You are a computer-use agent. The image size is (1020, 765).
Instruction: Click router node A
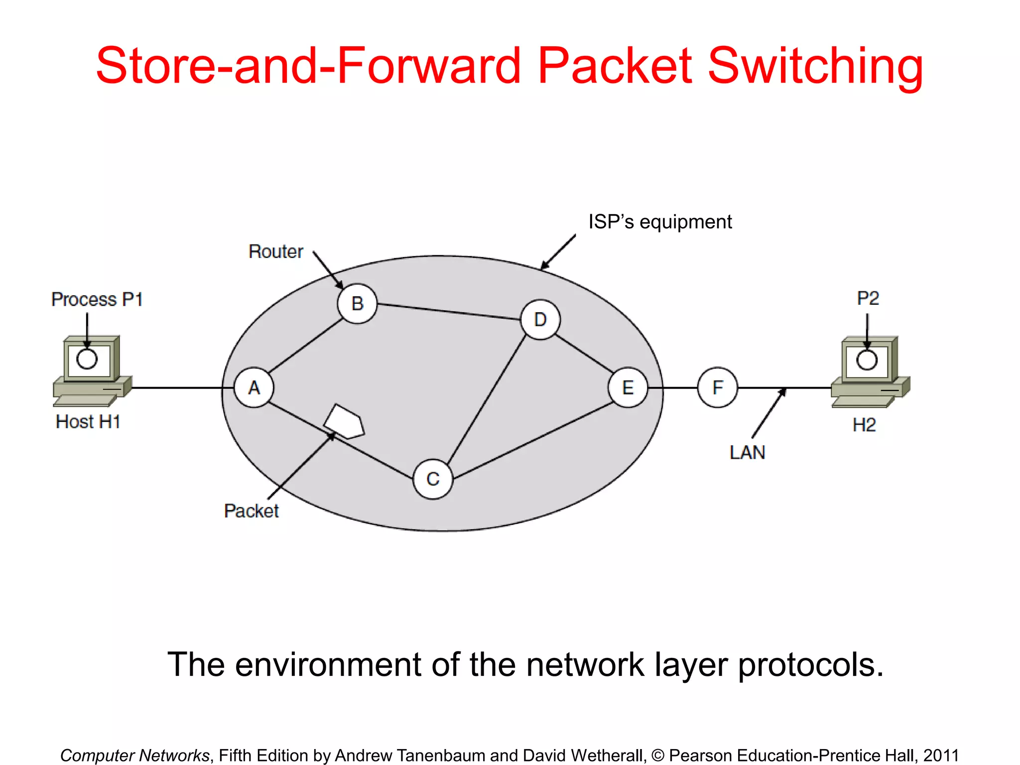[254, 387]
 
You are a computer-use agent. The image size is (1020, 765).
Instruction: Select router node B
[357, 303]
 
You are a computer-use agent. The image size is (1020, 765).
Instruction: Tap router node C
[433, 479]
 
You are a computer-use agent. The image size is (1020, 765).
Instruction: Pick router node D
[540, 319]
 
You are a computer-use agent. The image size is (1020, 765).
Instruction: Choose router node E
[628, 387]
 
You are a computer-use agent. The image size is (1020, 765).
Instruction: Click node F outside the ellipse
[717, 387]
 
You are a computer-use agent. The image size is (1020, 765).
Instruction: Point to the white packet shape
[345, 421]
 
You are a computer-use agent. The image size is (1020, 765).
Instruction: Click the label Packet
[251, 511]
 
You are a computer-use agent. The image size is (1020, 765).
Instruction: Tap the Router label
[275, 252]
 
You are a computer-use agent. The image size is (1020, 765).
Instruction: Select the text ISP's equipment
[660, 222]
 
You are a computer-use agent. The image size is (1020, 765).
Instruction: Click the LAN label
[747, 452]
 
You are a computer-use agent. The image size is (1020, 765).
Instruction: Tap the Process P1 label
[97, 299]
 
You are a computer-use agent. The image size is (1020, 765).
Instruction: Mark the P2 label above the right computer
[868, 298]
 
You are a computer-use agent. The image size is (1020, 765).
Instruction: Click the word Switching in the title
[815, 66]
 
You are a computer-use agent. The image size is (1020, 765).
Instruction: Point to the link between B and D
[448, 311]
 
